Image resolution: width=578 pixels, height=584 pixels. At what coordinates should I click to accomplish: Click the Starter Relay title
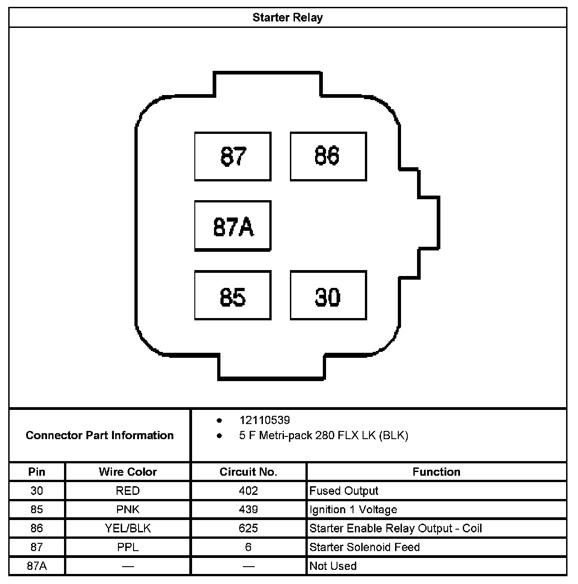click(288, 18)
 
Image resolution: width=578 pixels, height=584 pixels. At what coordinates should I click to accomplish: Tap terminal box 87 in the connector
click(233, 156)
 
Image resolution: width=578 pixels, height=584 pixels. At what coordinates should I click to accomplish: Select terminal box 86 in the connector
click(328, 156)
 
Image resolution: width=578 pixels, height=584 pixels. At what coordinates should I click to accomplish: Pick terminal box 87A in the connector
click(233, 226)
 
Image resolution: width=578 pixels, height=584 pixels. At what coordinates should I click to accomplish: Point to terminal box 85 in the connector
click(233, 296)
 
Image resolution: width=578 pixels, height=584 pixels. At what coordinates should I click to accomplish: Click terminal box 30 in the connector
click(328, 296)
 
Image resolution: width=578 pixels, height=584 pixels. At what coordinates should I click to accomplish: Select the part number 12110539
click(264, 420)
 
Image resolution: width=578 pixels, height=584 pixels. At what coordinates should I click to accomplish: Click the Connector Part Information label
click(100, 435)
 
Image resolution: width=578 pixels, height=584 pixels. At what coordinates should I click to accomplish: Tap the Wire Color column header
click(128, 472)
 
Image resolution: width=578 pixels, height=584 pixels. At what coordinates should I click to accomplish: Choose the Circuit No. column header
click(248, 472)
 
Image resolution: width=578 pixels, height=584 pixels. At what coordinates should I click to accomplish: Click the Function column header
click(436, 472)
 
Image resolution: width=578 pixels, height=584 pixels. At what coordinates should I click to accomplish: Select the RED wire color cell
click(128, 491)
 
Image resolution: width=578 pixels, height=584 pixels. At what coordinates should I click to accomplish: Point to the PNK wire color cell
click(128, 510)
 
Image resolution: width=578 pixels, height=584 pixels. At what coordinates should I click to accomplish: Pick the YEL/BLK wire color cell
click(128, 528)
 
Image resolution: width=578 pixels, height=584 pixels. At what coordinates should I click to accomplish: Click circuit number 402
click(248, 491)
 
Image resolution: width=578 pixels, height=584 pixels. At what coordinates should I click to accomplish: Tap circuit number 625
click(248, 528)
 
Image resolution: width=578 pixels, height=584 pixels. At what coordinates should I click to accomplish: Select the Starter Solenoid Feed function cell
click(364, 547)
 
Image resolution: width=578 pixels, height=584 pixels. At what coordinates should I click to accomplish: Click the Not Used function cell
click(333, 566)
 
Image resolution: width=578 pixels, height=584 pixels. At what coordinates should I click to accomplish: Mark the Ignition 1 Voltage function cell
click(353, 510)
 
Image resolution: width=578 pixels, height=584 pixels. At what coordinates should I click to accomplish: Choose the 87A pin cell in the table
click(37, 566)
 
